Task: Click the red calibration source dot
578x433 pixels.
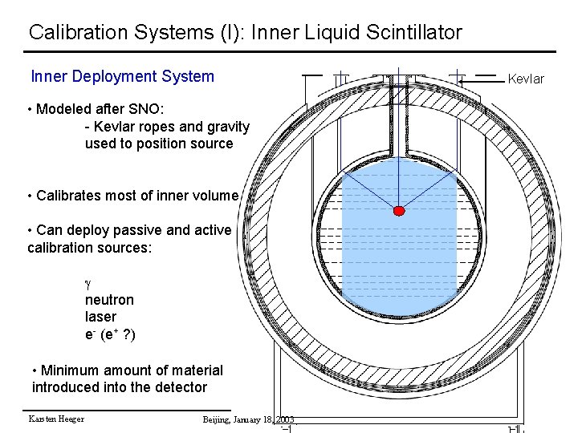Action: (399, 211)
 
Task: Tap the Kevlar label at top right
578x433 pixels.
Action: (526, 79)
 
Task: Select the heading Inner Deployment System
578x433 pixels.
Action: (122, 77)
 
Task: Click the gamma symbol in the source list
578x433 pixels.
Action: (89, 283)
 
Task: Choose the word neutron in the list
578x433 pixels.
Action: (109, 300)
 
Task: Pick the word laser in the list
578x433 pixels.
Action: (100, 317)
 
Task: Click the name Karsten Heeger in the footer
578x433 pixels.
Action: (56, 419)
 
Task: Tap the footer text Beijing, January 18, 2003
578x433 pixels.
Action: (248, 419)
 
